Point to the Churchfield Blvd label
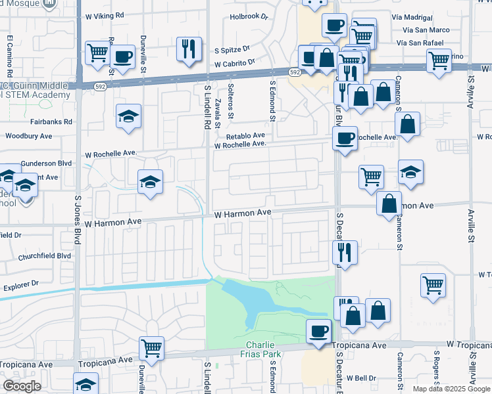(x=45, y=256)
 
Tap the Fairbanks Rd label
(x=51, y=121)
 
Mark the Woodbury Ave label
(x=28, y=136)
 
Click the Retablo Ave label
(x=245, y=136)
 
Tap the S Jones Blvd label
(x=78, y=220)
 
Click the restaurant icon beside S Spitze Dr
(x=188, y=48)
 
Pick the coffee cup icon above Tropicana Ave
(x=320, y=330)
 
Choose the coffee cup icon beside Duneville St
(x=122, y=56)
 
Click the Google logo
(x=22, y=386)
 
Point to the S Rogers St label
(x=436, y=369)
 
